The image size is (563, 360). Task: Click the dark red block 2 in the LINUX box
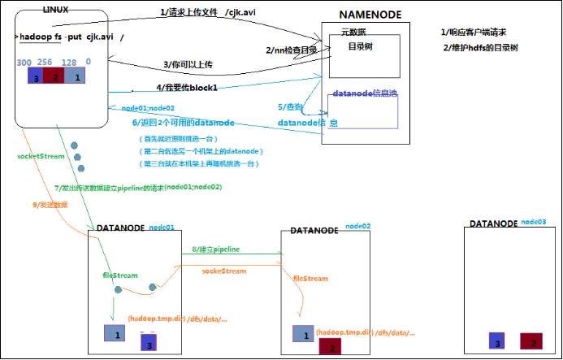[54, 76]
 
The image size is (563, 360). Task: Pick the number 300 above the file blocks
[24, 63]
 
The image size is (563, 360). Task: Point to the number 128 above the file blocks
[71, 63]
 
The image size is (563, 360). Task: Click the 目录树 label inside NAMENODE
[362, 46]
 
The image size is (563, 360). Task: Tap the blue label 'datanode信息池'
[363, 93]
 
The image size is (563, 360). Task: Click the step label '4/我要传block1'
[189, 85]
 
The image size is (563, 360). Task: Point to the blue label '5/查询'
[290, 106]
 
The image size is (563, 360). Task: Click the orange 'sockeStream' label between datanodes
[224, 269]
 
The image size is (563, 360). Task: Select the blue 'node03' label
[533, 221]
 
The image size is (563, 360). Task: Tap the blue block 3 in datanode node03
[498, 340]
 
